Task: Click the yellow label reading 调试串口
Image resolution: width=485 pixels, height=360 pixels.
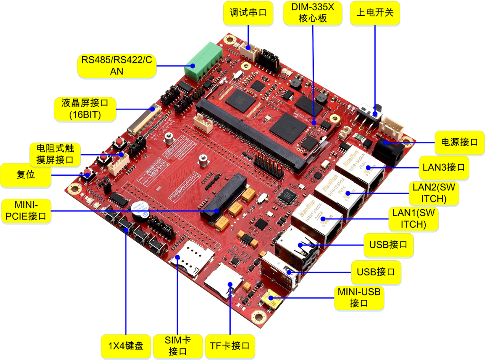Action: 248,13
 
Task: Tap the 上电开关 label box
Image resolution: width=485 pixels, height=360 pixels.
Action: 375,13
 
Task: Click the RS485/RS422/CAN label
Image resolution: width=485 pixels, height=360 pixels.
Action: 117,65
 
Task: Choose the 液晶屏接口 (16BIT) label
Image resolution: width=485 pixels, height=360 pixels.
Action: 85,109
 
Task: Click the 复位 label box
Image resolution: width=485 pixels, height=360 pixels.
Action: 26,175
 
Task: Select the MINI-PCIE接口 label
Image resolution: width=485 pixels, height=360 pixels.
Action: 26,211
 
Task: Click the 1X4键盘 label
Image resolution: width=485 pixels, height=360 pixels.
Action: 126,346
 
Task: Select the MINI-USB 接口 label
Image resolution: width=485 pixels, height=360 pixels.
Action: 359,298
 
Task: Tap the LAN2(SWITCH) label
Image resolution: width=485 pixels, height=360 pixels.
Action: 433,193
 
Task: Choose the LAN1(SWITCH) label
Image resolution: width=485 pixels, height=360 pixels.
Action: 413,219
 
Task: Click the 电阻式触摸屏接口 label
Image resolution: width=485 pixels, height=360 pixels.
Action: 55,154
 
